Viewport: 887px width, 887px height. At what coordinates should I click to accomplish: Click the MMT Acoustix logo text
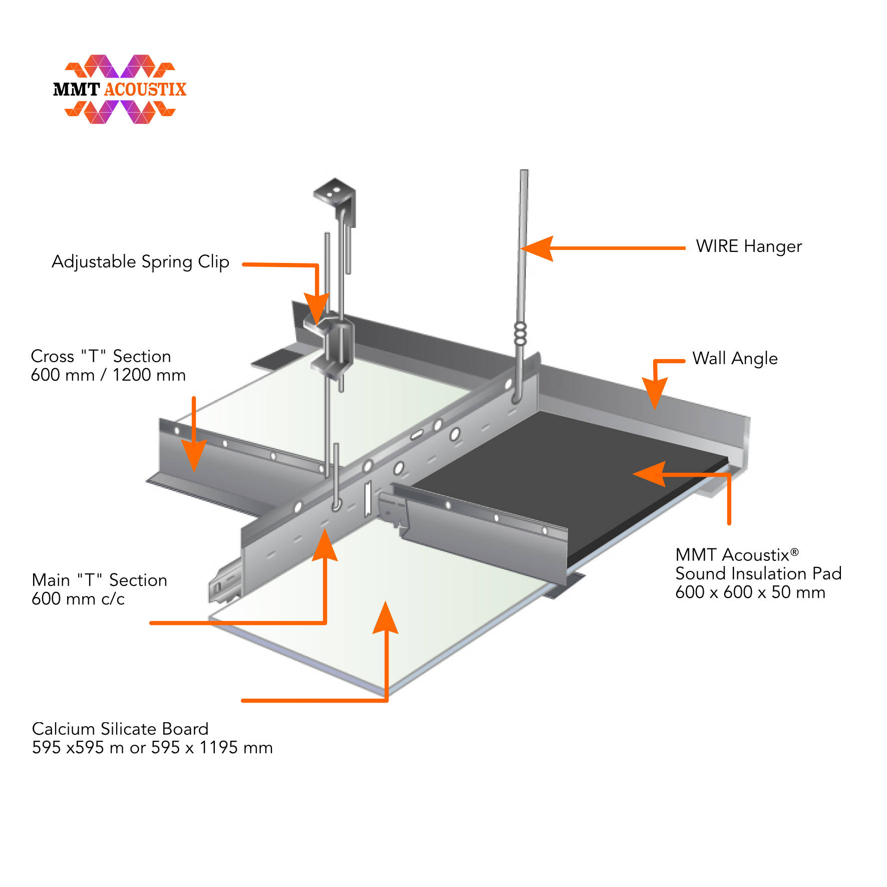click(x=119, y=89)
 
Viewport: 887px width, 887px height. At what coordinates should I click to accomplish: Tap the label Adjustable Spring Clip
click(x=140, y=261)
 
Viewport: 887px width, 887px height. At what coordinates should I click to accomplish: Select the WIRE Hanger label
click(x=748, y=246)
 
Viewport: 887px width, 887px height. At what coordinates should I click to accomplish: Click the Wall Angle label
click(x=734, y=359)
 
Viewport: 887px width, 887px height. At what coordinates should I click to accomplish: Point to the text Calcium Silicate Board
click(x=120, y=729)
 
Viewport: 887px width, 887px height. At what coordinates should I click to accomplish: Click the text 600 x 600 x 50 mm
click(x=750, y=593)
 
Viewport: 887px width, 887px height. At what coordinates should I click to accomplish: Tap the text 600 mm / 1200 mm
click(x=108, y=375)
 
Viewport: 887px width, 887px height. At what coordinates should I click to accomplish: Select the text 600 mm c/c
click(x=78, y=599)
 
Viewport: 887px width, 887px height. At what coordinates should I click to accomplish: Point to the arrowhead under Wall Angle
click(x=654, y=393)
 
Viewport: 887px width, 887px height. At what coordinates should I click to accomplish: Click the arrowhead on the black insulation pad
click(x=649, y=474)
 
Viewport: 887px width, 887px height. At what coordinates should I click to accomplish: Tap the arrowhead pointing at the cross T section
click(x=194, y=456)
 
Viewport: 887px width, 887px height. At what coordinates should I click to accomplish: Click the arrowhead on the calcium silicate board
click(x=386, y=619)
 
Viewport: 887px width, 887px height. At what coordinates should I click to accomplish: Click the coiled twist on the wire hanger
click(x=520, y=334)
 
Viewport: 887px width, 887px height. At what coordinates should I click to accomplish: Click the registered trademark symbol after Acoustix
click(x=794, y=552)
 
